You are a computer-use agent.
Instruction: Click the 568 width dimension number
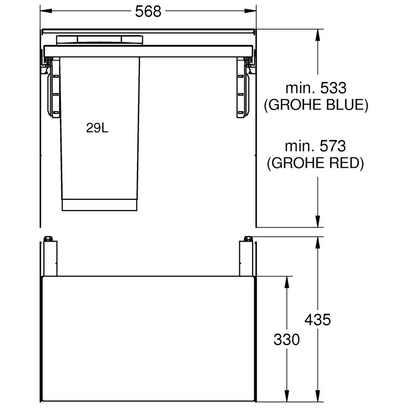(x=148, y=11)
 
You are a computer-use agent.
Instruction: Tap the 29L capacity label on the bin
(x=97, y=128)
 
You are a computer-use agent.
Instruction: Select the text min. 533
(x=316, y=88)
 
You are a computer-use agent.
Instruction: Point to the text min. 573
(x=315, y=146)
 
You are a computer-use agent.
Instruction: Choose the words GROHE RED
(x=315, y=163)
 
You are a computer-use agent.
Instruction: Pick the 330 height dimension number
(x=287, y=339)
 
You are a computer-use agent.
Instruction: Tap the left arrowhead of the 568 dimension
(x=46, y=11)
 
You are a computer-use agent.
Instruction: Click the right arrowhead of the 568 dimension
(x=250, y=11)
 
